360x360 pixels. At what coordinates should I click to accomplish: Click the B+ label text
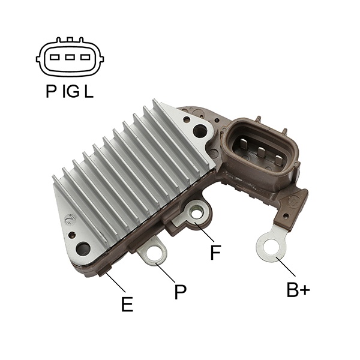[x=298, y=290]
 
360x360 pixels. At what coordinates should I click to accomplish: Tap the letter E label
[x=127, y=304]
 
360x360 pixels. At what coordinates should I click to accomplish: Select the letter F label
[x=215, y=253]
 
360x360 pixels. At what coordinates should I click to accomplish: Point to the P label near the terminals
[x=180, y=292]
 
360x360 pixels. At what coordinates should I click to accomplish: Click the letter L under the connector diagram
[x=89, y=91]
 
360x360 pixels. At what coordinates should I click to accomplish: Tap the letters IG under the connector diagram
[x=71, y=91]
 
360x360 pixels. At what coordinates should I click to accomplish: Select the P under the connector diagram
[x=51, y=91]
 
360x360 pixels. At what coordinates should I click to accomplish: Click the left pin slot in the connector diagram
[x=55, y=57]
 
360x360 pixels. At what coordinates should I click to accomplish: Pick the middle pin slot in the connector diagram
[x=70, y=57]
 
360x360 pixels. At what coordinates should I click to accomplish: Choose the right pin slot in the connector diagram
[x=85, y=57]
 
